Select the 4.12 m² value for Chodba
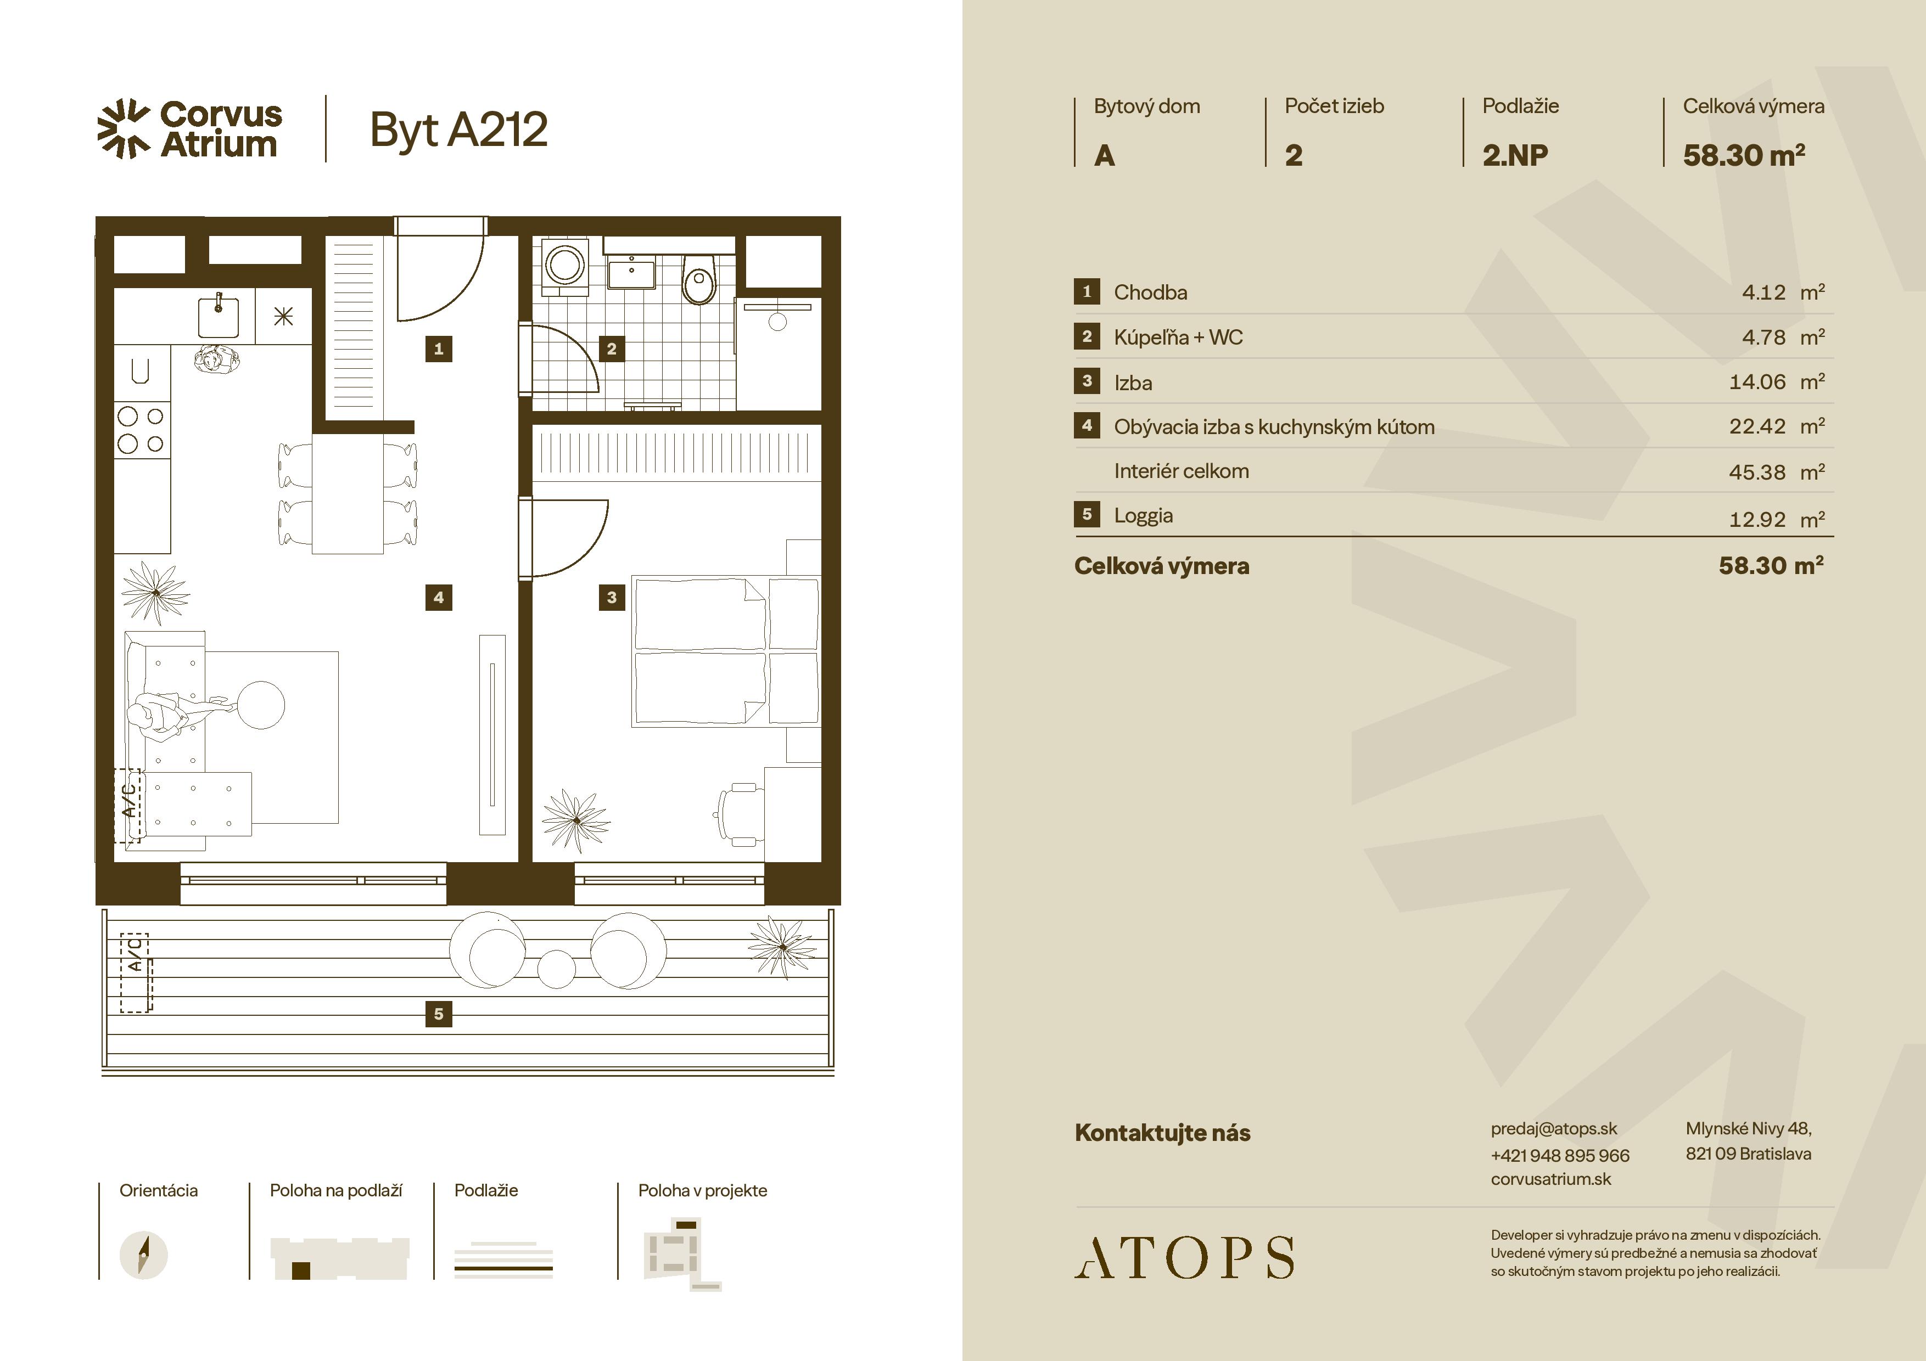(x=1783, y=292)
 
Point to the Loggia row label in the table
(x=1143, y=516)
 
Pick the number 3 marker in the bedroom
(x=612, y=597)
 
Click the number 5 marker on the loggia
(x=439, y=1014)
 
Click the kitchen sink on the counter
(x=218, y=316)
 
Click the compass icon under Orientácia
(x=143, y=1255)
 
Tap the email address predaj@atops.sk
(x=1554, y=1129)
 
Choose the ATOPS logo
(x=1184, y=1256)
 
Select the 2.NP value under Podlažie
(x=1515, y=155)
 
